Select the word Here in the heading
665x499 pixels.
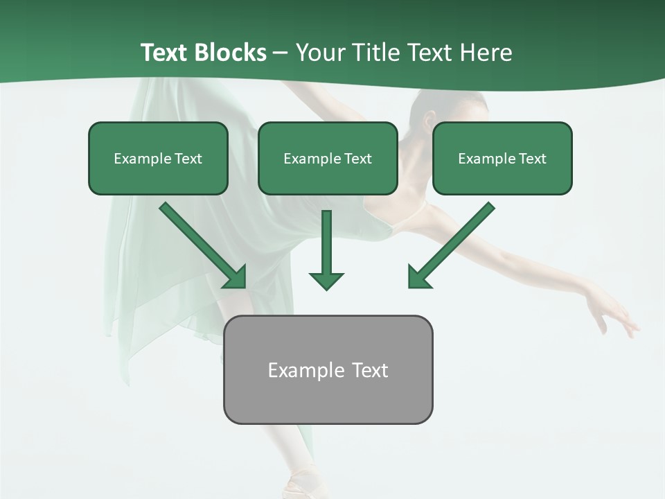pyautogui.click(x=485, y=53)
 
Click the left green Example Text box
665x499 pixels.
pyautogui.click(x=158, y=159)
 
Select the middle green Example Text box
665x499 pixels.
pyautogui.click(x=328, y=159)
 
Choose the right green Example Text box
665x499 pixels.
pyautogui.click(x=502, y=159)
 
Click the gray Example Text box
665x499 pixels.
pyautogui.click(x=328, y=369)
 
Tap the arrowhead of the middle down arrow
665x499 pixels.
pyautogui.click(x=326, y=280)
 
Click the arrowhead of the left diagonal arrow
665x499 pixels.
pyautogui.click(x=236, y=277)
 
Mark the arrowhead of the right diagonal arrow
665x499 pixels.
pyautogui.click(x=418, y=277)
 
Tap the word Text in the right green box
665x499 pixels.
pyautogui.click(x=531, y=159)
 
